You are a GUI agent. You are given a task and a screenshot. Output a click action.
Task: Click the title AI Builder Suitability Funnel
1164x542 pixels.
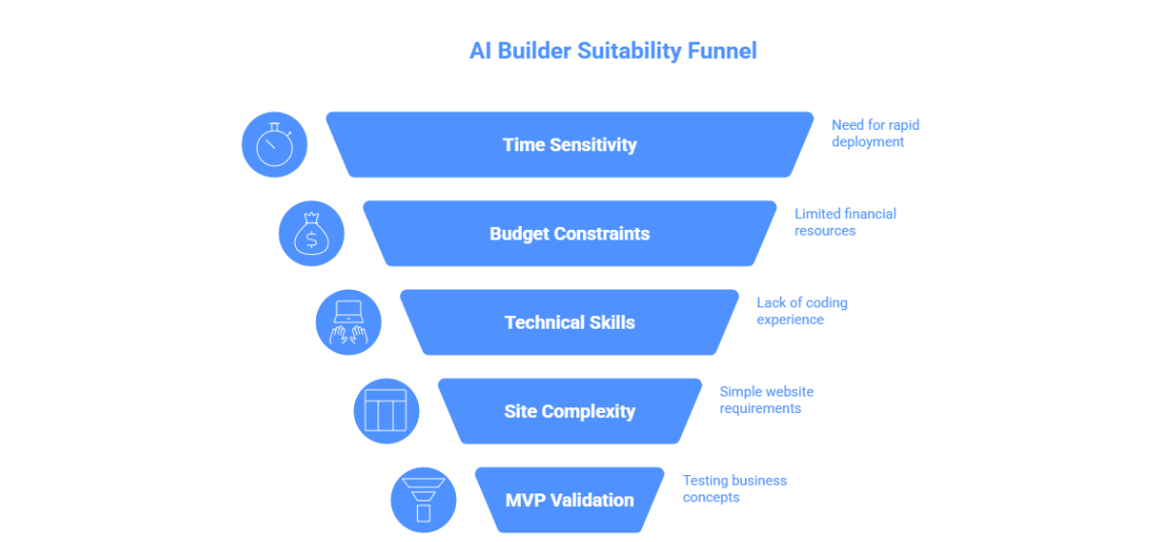(x=613, y=50)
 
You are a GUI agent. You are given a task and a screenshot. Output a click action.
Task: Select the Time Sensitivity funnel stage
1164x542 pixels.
(x=569, y=144)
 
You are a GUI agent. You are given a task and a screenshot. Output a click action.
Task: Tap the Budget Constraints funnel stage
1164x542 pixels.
(x=569, y=234)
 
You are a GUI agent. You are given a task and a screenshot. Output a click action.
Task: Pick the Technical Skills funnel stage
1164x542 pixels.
(x=569, y=323)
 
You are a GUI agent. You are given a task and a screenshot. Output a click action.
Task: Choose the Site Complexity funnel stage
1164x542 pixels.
(x=569, y=411)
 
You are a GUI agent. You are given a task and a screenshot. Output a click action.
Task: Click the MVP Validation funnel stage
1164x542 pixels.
(x=569, y=500)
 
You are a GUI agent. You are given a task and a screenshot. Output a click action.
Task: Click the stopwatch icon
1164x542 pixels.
(x=274, y=145)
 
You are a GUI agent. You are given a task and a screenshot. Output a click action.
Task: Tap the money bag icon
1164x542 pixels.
(x=311, y=234)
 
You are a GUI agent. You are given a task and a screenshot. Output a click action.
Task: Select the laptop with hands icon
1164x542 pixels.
(x=348, y=323)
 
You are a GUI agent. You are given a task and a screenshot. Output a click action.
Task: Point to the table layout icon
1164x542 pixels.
(x=385, y=411)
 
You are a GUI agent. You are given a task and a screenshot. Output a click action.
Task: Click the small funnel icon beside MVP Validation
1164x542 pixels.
(x=423, y=500)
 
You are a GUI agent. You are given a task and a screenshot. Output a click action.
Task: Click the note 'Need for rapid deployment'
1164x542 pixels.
(x=875, y=134)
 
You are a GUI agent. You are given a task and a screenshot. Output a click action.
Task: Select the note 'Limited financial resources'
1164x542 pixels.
(x=845, y=222)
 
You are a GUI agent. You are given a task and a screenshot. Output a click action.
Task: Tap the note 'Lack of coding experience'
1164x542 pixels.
(x=801, y=311)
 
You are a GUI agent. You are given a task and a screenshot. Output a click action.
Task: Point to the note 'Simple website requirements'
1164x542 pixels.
(x=766, y=399)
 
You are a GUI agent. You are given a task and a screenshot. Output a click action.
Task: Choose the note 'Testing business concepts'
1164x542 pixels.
(x=734, y=489)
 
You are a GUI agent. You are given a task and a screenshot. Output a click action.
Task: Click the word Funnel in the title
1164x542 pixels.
(x=722, y=50)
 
